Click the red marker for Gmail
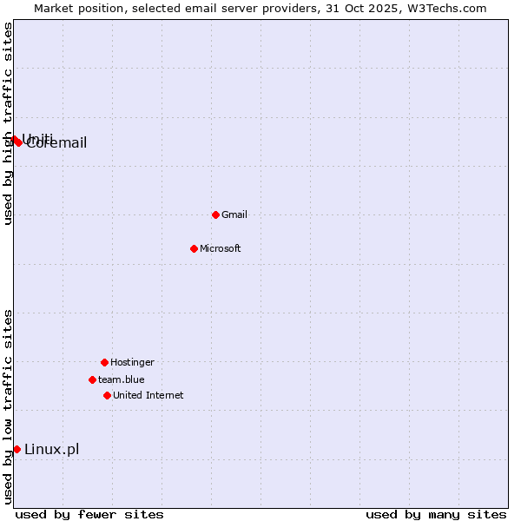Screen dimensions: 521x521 point(215,214)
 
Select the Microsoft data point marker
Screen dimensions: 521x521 point(194,248)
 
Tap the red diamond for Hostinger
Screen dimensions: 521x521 point(104,362)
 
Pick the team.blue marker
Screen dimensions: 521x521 point(92,379)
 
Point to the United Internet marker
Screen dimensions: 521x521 point(107,395)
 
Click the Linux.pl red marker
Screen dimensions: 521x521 point(16,449)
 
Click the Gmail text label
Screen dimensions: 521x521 point(234,214)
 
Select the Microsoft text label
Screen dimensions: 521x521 point(221,248)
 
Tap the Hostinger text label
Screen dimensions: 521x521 point(132,362)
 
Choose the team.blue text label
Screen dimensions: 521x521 point(122,379)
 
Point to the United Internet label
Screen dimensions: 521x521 point(148,395)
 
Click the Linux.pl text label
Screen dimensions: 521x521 point(52,449)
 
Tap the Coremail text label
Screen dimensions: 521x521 point(57,143)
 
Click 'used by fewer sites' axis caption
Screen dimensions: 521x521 point(89,514)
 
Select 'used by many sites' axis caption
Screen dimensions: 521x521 point(436,514)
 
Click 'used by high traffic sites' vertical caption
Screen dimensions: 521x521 point(8,123)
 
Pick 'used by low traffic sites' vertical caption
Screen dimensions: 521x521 point(8,406)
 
